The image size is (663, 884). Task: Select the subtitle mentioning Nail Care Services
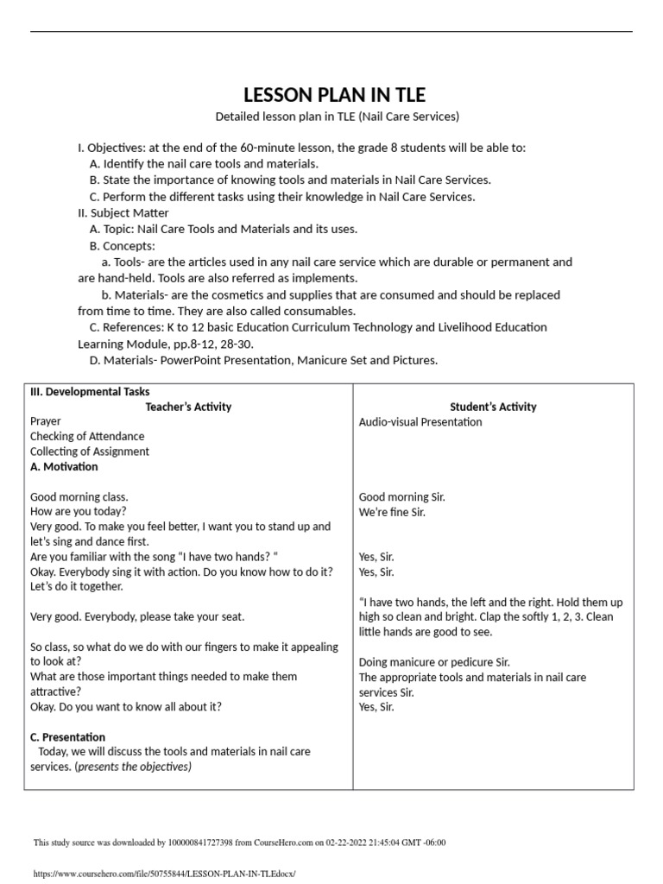click(337, 116)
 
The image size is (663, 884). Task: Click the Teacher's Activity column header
click(188, 407)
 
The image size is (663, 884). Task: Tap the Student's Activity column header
click(493, 407)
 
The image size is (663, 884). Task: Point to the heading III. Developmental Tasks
click(90, 391)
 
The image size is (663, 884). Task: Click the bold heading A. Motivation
click(64, 467)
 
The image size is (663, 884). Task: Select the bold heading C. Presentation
click(67, 737)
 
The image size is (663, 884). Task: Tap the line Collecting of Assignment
click(90, 451)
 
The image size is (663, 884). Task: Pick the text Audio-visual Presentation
click(420, 422)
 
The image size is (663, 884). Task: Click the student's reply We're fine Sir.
click(392, 512)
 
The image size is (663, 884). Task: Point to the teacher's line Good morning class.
click(79, 497)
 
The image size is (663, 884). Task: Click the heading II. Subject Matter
click(123, 212)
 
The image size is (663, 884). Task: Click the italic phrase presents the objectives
click(135, 767)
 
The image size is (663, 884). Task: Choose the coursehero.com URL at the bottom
click(163, 874)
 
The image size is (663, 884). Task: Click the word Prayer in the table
click(46, 422)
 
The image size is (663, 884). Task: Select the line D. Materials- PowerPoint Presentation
click(263, 360)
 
